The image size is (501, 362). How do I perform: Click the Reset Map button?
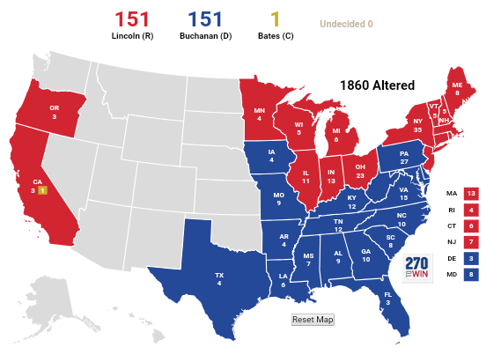pyautogui.click(x=313, y=320)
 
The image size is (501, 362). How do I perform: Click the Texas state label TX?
pyautogui.click(x=219, y=278)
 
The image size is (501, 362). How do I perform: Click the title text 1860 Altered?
pyautogui.click(x=377, y=85)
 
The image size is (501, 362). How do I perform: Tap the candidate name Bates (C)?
pyautogui.click(x=275, y=36)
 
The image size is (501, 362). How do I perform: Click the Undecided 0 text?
pyautogui.click(x=346, y=24)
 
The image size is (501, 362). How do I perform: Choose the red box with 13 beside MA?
pyautogui.click(x=471, y=193)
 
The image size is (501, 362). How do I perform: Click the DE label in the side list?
pyautogui.click(x=452, y=258)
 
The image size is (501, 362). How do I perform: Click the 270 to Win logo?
pyautogui.click(x=418, y=269)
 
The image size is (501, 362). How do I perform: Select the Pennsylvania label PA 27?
pyautogui.click(x=404, y=157)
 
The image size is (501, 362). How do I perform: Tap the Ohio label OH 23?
pyautogui.click(x=360, y=170)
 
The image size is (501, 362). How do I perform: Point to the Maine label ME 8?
pyautogui.click(x=456, y=88)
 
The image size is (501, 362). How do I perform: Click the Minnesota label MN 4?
pyautogui.click(x=259, y=115)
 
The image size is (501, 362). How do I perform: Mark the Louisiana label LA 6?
pyautogui.click(x=283, y=279)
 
